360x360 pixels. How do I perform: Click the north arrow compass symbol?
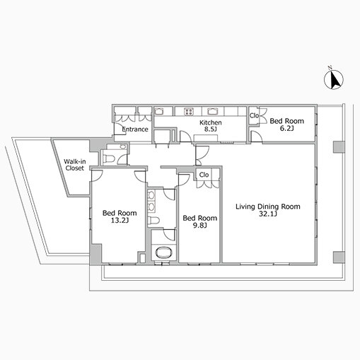334,79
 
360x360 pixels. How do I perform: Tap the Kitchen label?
211,122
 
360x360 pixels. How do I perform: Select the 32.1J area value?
268,214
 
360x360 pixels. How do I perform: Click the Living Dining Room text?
268,207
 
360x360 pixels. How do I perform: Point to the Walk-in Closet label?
75,165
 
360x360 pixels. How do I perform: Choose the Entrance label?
135,129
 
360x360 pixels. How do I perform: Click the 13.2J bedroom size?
120,221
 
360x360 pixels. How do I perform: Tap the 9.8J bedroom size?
200,226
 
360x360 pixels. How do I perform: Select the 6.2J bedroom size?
286,128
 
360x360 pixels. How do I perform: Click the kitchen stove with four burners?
189,111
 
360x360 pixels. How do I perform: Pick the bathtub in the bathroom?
163,252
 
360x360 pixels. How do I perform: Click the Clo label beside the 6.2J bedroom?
254,116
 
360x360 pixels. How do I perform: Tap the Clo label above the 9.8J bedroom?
204,175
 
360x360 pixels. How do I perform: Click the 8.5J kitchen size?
211,129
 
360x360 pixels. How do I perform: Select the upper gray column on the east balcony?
339,147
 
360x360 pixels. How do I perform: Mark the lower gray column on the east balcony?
339,257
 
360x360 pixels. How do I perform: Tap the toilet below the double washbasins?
153,221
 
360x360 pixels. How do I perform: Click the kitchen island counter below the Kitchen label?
206,138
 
